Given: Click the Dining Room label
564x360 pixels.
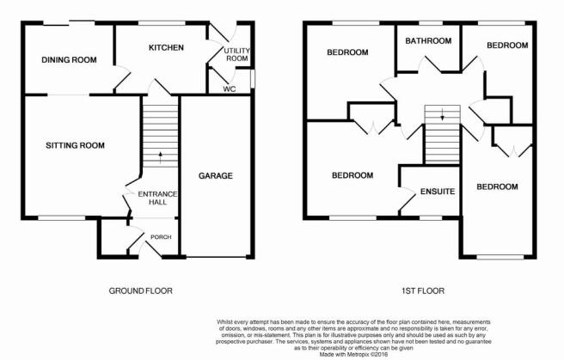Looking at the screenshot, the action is pyautogui.click(x=69, y=59).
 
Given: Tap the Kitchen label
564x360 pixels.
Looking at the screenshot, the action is pyautogui.click(x=166, y=47).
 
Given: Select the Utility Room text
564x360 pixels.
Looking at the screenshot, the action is pyautogui.click(x=237, y=54).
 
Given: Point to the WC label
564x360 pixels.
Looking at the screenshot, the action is pyautogui.click(x=230, y=88).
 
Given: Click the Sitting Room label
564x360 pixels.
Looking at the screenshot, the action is pyautogui.click(x=75, y=145).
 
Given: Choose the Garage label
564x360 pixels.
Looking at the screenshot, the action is pyautogui.click(x=216, y=175).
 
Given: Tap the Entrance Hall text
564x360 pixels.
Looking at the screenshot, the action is pyautogui.click(x=157, y=198).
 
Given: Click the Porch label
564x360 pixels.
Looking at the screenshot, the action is pyautogui.click(x=161, y=237).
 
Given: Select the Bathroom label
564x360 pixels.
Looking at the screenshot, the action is pyautogui.click(x=428, y=41).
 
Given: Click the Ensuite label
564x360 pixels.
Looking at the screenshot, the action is pyautogui.click(x=438, y=192).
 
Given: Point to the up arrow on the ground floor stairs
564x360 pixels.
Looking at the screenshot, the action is pyautogui.click(x=161, y=157).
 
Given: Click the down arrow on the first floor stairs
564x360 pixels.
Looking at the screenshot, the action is pyautogui.click(x=443, y=114).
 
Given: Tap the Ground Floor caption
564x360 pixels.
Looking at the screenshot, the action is pyautogui.click(x=141, y=290).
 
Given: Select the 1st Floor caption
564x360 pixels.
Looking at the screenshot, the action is pyautogui.click(x=423, y=290).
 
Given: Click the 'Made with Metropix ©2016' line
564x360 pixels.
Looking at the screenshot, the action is pyautogui.click(x=354, y=354).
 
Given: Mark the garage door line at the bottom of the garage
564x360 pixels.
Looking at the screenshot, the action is pyautogui.click(x=216, y=257).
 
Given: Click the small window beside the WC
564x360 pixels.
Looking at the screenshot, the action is pyautogui.click(x=253, y=78).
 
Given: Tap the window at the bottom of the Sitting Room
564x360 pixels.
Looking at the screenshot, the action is pyautogui.click(x=62, y=217).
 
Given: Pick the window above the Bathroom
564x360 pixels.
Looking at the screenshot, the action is pyautogui.click(x=431, y=23).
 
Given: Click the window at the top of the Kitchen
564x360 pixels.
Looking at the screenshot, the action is pyautogui.click(x=162, y=23).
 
